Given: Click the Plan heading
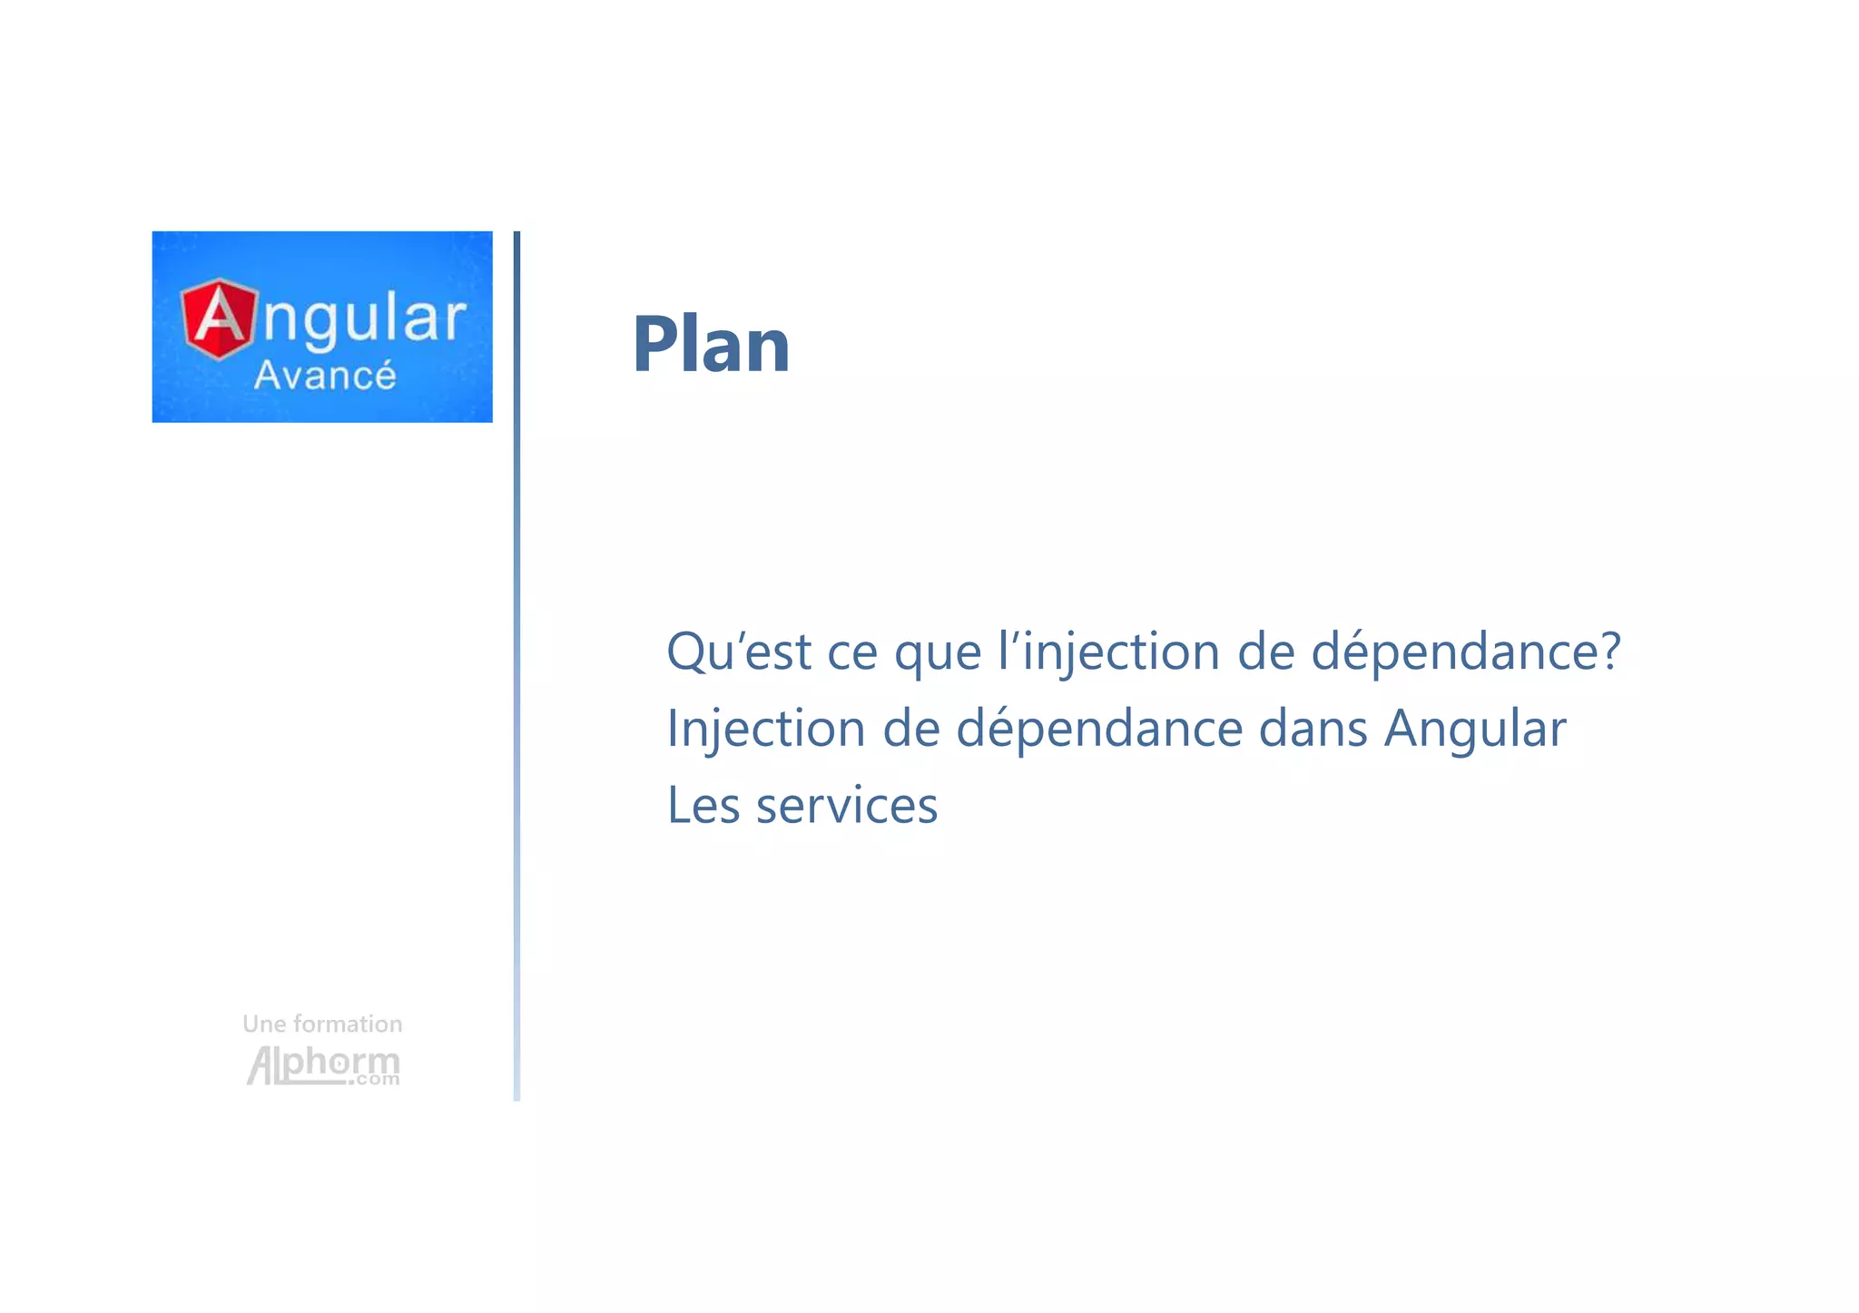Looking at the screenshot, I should (711, 345).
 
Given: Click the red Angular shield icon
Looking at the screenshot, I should (218, 319).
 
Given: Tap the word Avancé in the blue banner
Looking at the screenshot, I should (325, 376).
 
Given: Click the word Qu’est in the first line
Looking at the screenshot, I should (738, 652).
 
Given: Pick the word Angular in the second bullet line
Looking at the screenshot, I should (1475, 729).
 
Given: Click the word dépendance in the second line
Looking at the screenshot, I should (1099, 729).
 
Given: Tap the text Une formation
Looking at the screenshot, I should (322, 1024).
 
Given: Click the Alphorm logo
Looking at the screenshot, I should (322, 1063).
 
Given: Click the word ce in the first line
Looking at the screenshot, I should (852, 652).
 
